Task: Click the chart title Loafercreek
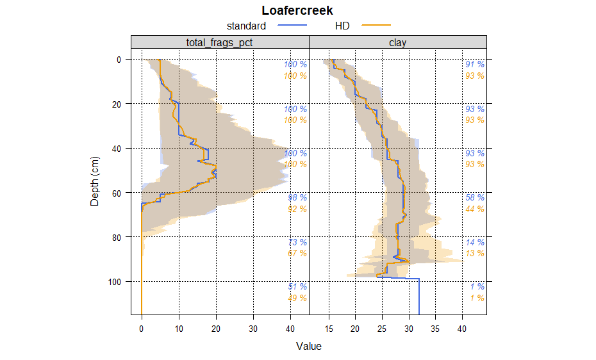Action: (x=297, y=11)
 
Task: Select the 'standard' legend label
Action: (x=246, y=26)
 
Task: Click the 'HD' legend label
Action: (x=342, y=26)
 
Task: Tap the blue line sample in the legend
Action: (x=293, y=26)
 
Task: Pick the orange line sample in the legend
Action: (x=376, y=26)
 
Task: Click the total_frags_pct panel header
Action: (x=220, y=42)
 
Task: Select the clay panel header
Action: (x=397, y=42)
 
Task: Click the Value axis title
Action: (x=308, y=347)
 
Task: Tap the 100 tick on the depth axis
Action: (x=117, y=282)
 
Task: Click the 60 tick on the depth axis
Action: (x=119, y=193)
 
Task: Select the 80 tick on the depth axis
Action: (x=119, y=237)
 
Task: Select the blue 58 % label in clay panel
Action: (x=475, y=198)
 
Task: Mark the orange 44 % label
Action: (x=475, y=209)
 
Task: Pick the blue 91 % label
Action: (x=475, y=64)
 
